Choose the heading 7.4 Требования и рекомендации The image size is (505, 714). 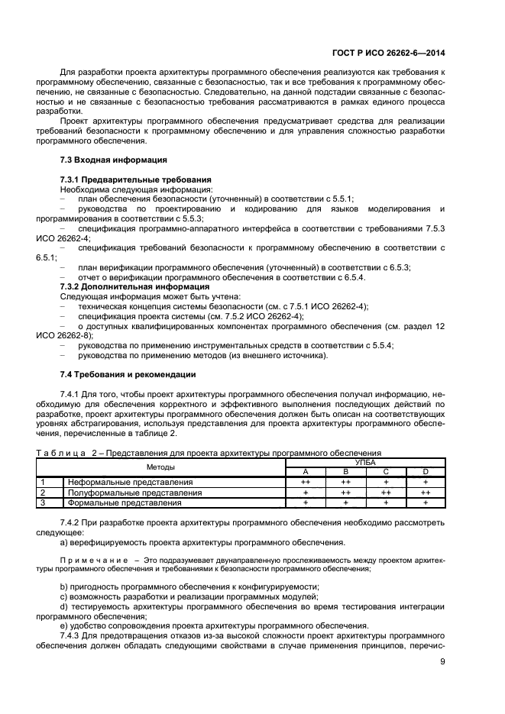pyautogui.click(x=128, y=374)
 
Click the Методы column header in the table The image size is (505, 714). pyautogui.click(x=161, y=467)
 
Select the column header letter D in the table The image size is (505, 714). pyautogui.click(x=425, y=472)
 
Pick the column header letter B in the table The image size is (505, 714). pyautogui.click(x=345, y=472)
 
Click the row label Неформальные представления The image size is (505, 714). pyautogui.click(x=130, y=483)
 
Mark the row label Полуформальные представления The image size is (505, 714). pyautogui.click(x=134, y=493)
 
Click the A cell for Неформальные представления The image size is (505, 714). pyautogui.click(x=305, y=483)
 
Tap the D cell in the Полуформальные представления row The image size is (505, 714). pyautogui.click(x=425, y=493)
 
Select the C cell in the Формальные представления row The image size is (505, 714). pyautogui.click(x=385, y=502)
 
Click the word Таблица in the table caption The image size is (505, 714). pyautogui.click(x=60, y=454)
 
